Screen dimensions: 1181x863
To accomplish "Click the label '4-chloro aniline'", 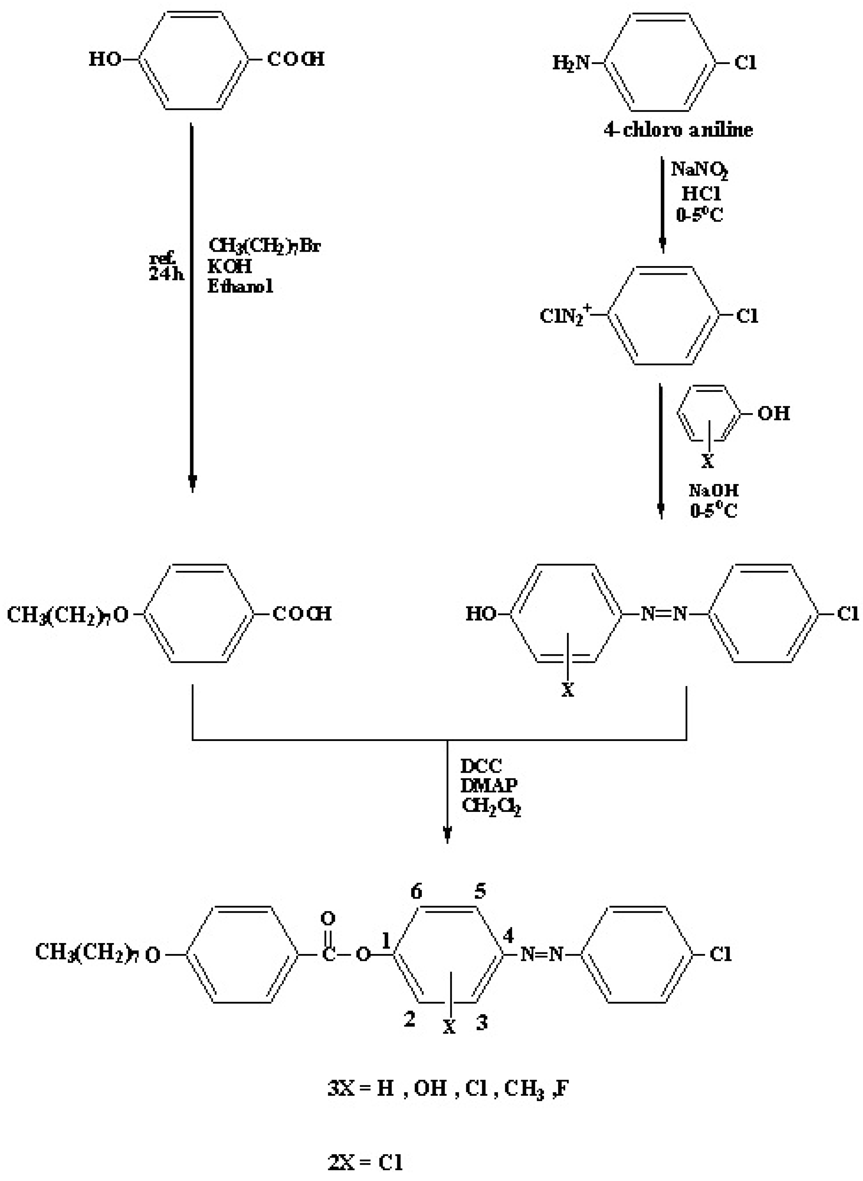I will pos(678,130).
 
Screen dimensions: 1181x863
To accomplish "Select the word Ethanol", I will pos(240,286).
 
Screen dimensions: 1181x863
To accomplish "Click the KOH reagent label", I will pos(229,266).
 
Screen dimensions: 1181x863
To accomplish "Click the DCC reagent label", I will pos(481,766).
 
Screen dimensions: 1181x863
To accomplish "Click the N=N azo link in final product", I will pos(542,955).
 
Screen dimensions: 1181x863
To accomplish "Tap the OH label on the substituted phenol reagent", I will pos(773,414).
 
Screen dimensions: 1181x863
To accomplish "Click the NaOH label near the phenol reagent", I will pos(713,490).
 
